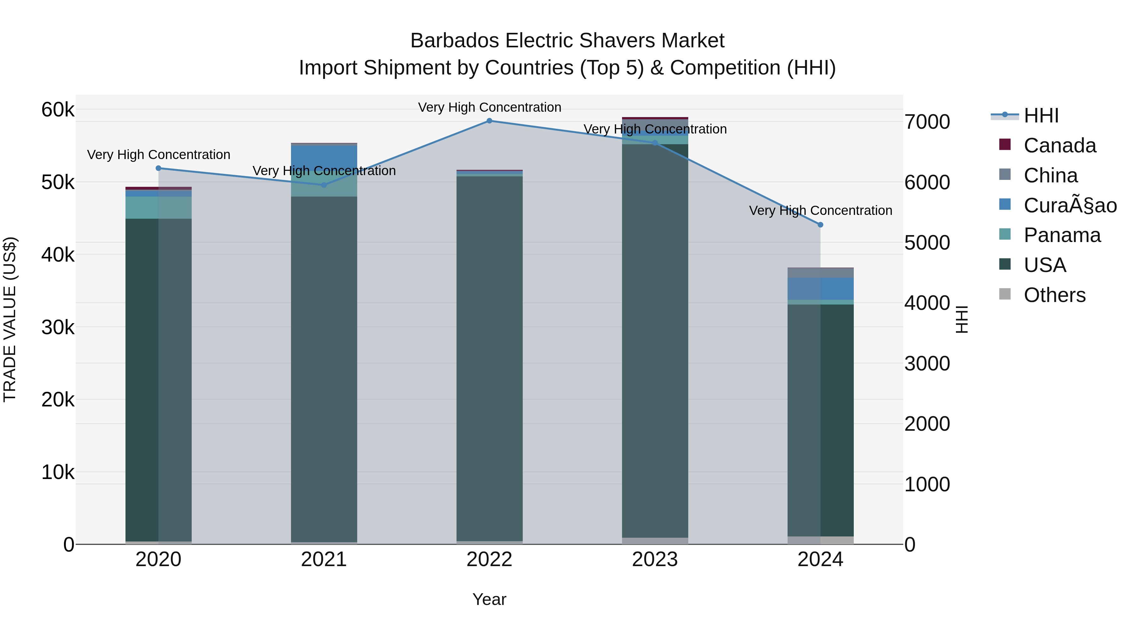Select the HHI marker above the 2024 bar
820,225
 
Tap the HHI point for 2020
159,168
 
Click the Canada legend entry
1059,145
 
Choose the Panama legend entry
1062,235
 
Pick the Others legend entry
1054,295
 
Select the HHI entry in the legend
1041,115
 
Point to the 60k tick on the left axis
58,109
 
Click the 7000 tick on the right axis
927,122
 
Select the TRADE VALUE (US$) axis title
10,319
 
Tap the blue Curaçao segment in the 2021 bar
324,158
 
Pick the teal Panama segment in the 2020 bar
159,208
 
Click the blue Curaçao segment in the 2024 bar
820,288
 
